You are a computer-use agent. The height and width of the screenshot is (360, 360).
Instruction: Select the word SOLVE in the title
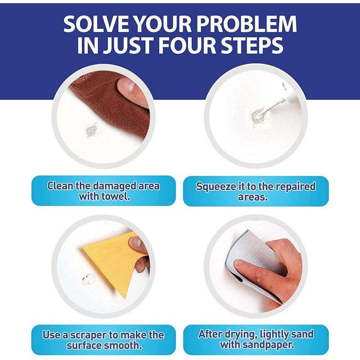[95, 24]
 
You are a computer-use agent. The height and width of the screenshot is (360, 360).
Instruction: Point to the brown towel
[115, 103]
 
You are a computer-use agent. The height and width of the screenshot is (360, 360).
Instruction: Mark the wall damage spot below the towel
[91, 130]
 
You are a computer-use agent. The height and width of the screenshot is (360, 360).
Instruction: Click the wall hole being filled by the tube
[257, 117]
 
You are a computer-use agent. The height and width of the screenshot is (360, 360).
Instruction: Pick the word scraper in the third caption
[88, 336]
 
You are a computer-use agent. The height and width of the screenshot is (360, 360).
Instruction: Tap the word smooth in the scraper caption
[123, 346]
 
